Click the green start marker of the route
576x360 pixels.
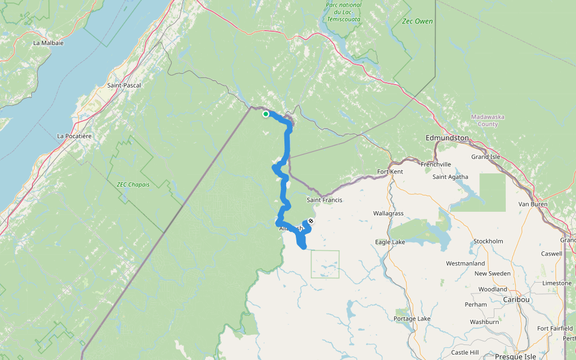tap(266, 114)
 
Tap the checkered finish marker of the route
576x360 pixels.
tap(310, 221)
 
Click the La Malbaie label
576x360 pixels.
tap(49, 43)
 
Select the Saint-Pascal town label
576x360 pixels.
tap(124, 85)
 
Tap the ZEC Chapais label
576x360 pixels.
tap(133, 184)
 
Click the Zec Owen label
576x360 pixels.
tap(418, 22)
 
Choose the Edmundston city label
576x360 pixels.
tap(447, 138)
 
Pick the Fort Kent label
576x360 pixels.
tap(390, 172)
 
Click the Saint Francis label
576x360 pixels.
tap(324, 200)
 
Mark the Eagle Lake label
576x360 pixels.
tap(390, 242)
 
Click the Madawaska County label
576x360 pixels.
tap(484, 120)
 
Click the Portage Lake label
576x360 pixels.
tap(412, 319)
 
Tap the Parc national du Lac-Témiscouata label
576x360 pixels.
tap(344, 12)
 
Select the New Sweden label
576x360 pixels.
tap(493, 274)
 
